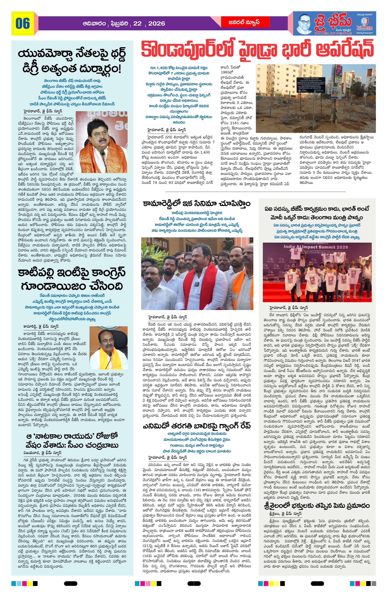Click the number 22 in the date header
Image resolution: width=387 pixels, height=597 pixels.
(x=137, y=24)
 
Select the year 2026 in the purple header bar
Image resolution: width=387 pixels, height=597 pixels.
(x=157, y=24)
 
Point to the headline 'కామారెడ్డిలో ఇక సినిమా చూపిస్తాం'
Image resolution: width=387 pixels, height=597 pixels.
(x=197, y=203)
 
